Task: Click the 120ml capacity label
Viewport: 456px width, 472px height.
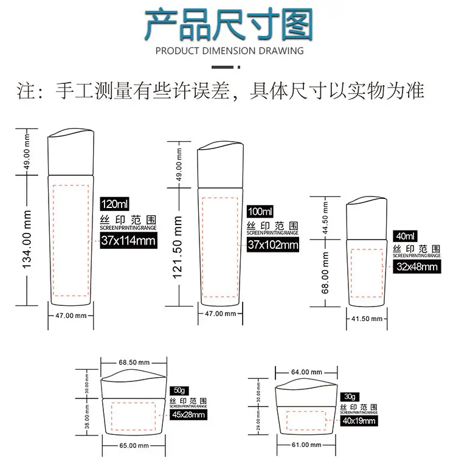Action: [x=115, y=204]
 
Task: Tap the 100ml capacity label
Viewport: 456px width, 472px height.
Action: [x=260, y=211]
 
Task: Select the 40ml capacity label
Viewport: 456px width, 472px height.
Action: [x=405, y=236]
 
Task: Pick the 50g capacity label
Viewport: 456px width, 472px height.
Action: [x=179, y=390]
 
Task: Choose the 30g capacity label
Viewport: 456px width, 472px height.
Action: [x=350, y=397]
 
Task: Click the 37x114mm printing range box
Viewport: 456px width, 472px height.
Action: [x=128, y=240]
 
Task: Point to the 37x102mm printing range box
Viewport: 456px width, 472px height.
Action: [x=273, y=245]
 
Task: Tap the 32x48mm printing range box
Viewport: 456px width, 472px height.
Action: [x=417, y=266]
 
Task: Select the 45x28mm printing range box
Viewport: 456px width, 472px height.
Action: [x=188, y=414]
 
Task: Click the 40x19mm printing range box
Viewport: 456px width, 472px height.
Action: [x=359, y=421]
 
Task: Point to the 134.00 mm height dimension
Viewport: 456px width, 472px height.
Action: [x=27, y=239]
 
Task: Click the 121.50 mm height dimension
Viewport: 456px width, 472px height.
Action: [x=178, y=247]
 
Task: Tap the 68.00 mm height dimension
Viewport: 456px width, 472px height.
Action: [x=325, y=272]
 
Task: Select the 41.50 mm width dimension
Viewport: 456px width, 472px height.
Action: [x=367, y=319]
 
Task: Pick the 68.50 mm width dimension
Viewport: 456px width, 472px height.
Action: [x=134, y=362]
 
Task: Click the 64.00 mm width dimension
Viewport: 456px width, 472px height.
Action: [x=306, y=372]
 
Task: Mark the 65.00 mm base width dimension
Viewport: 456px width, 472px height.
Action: [x=134, y=445]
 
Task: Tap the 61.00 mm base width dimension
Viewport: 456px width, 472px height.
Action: [x=306, y=445]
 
